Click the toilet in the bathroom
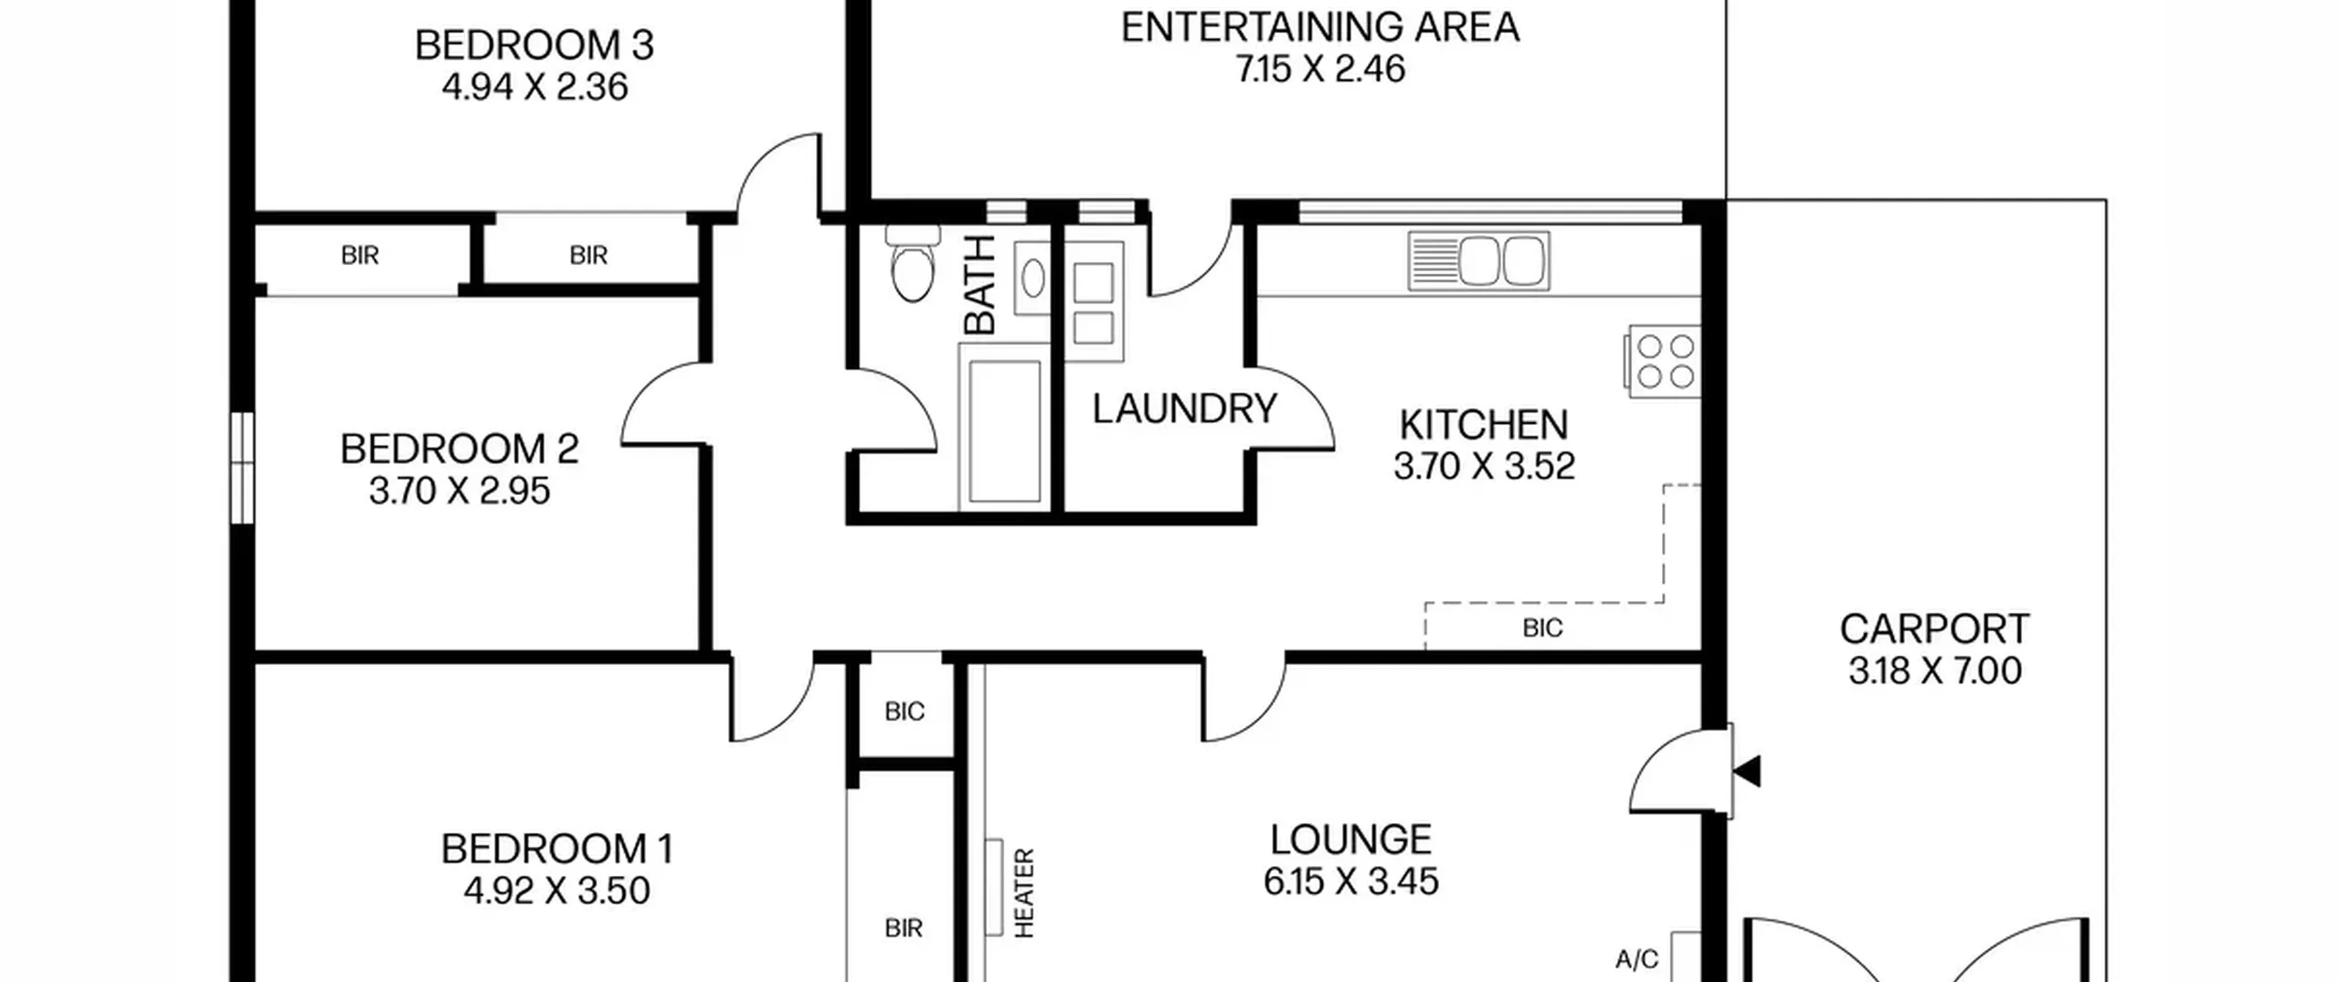[x=913, y=262]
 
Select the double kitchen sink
[x=1478, y=261]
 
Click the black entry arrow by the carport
[x=1747, y=772]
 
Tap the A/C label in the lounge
[x=1636, y=959]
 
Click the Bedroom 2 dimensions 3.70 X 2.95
[x=460, y=491]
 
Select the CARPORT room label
[x=1934, y=629]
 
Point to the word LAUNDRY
[x=1184, y=409]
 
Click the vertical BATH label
[x=979, y=284]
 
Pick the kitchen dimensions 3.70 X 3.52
[x=1484, y=467]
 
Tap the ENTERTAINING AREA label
[x=1320, y=27]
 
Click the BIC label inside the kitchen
[x=1543, y=628]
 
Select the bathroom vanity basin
[x=1032, y=278]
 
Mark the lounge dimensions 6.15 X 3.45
[x=1351, y=882]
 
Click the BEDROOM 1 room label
[x=557, y=850]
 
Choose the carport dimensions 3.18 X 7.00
[x=1935, y=671]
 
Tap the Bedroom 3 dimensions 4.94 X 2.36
[x=535, y=88]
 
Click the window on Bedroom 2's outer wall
[x=241, y=468]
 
